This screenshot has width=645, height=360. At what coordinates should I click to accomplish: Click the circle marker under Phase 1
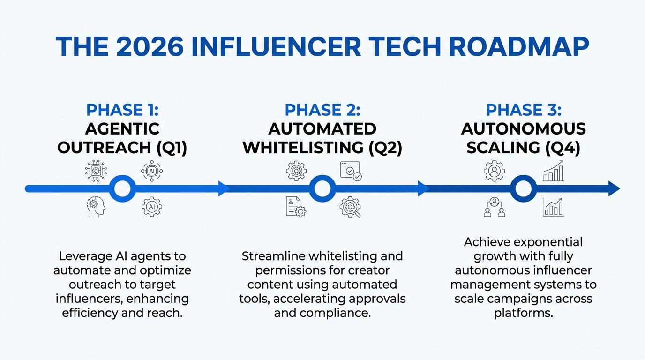pos(122,189)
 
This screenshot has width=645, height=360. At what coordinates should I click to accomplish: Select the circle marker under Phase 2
pos(322,189)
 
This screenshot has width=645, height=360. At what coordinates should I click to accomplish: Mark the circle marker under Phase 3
pos(523,189)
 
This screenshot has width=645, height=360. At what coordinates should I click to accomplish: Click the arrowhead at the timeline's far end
pos(614,189)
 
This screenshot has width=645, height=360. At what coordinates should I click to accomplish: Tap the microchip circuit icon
pos(95,171)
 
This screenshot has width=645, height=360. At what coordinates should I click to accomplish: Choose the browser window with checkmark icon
pos(350,172)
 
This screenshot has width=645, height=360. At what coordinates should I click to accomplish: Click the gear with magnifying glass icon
pos(350,207)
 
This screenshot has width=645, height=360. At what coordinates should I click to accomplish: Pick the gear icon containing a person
pos(494,171)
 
